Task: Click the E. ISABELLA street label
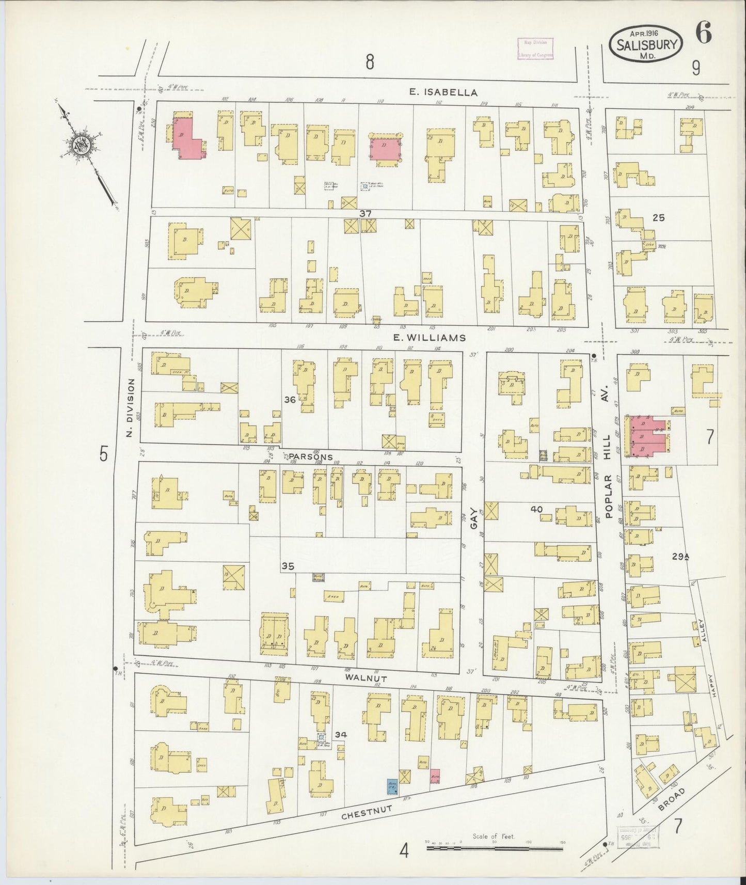(x=443, y=92)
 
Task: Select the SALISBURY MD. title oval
(x=647, y=44)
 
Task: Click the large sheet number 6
(x=703, y=34)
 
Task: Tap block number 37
(x=366, y=213)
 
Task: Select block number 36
(x=290, y=399)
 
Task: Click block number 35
(x=288, y=566)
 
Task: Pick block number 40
(x=536, y=510)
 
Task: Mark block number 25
(x=658, y=217)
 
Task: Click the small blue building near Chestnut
(x=392, y=786)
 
